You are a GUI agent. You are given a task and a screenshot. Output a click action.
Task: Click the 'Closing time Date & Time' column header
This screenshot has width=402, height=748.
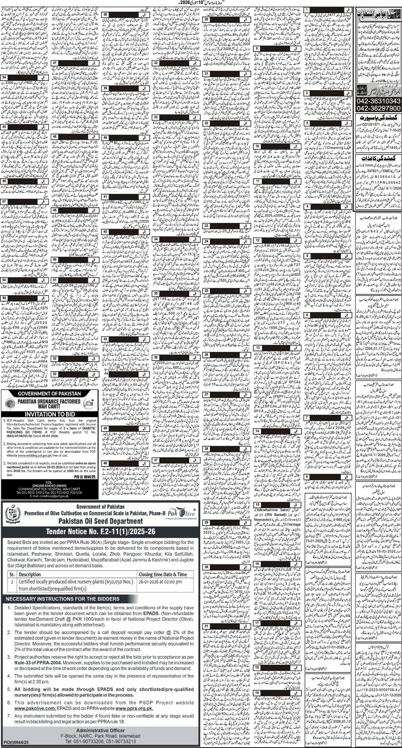(162, 574)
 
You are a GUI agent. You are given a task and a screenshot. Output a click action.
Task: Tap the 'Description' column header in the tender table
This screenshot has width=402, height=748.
(30, 574)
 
